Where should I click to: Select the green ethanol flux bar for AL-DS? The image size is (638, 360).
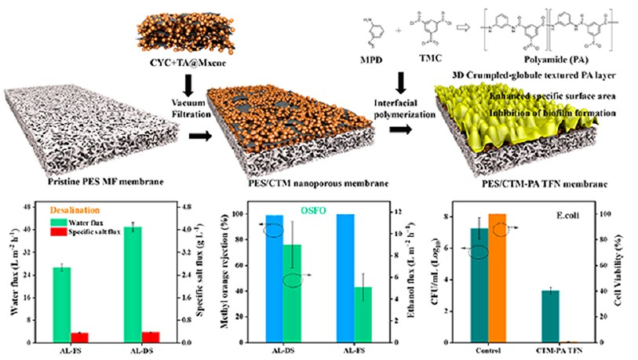(x=292, y=293)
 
